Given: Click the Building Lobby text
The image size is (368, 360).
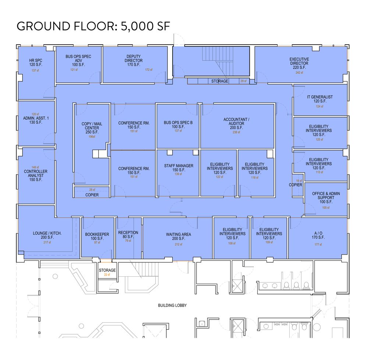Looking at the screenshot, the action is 172,305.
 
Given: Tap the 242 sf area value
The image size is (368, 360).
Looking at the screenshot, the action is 299,73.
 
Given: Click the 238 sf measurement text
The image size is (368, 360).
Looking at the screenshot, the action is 236,132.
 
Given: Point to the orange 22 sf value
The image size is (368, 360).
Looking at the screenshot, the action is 107,275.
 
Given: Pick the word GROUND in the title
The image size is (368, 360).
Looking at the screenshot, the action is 43,26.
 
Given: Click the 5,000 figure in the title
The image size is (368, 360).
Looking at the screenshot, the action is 137,26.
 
